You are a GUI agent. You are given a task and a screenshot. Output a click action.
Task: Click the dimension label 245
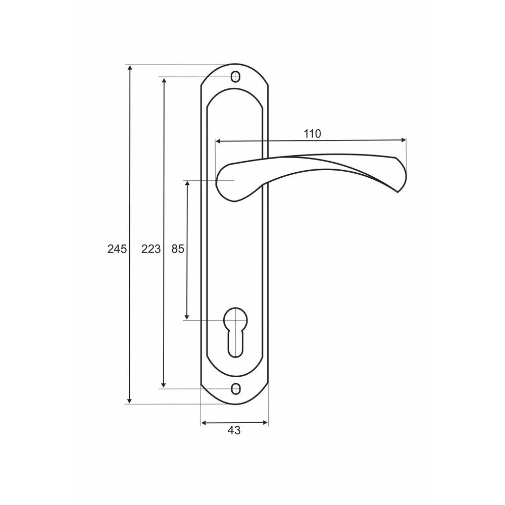[x=117, y=249]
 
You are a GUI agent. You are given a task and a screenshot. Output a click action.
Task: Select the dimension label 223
[x=150, y=249]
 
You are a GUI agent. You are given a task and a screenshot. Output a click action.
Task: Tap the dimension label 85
[x=177, y=249]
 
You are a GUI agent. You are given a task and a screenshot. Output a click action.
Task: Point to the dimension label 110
[x=313, y=134]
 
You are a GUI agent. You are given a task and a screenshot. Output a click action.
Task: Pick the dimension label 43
[x=234, y=430]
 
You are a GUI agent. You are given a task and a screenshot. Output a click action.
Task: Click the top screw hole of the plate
[x=236, y=77]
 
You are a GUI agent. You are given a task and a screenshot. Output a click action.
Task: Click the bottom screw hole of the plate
[x=236, y=389]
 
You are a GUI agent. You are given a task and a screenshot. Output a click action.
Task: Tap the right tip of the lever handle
[x=406, y=176]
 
